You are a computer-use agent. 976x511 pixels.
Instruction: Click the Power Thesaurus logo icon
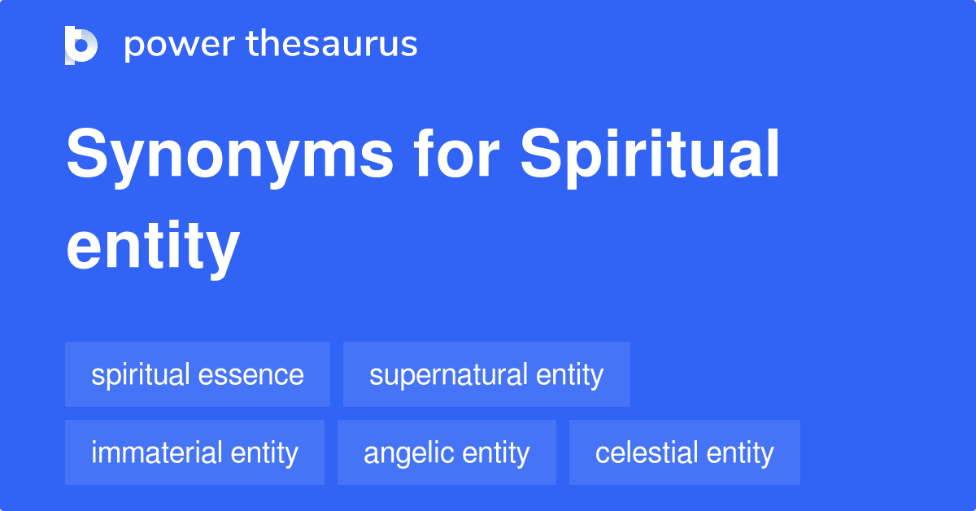point(81,45)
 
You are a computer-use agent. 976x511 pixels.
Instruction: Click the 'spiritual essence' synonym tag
point(198,375)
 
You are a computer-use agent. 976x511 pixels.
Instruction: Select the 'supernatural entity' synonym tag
point(486,375)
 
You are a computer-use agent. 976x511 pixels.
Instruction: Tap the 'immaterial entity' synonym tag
point(194,452)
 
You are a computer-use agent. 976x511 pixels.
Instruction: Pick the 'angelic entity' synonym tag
point(447,452)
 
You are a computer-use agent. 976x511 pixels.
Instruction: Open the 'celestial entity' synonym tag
point(684,452)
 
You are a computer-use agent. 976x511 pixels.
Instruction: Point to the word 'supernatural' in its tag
point(448,375)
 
